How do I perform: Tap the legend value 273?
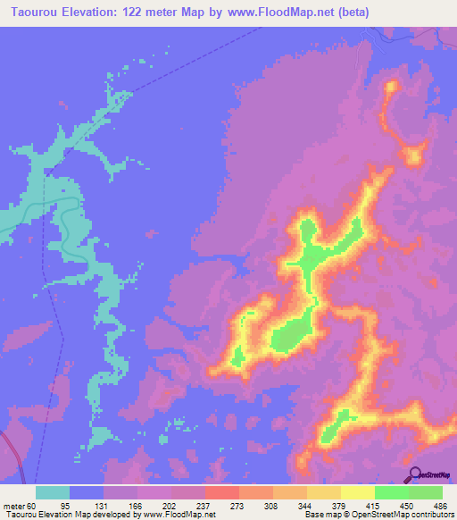click(238, 505)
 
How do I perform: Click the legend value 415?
click(374, 505)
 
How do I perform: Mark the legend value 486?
click(438, 505)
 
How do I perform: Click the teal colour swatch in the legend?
click(53, 492)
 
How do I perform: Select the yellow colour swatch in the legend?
click(357, 492)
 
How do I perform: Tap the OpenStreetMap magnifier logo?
click(414, 476)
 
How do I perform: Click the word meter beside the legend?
click(15, 505)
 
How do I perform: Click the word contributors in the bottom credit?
click(428, 515)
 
